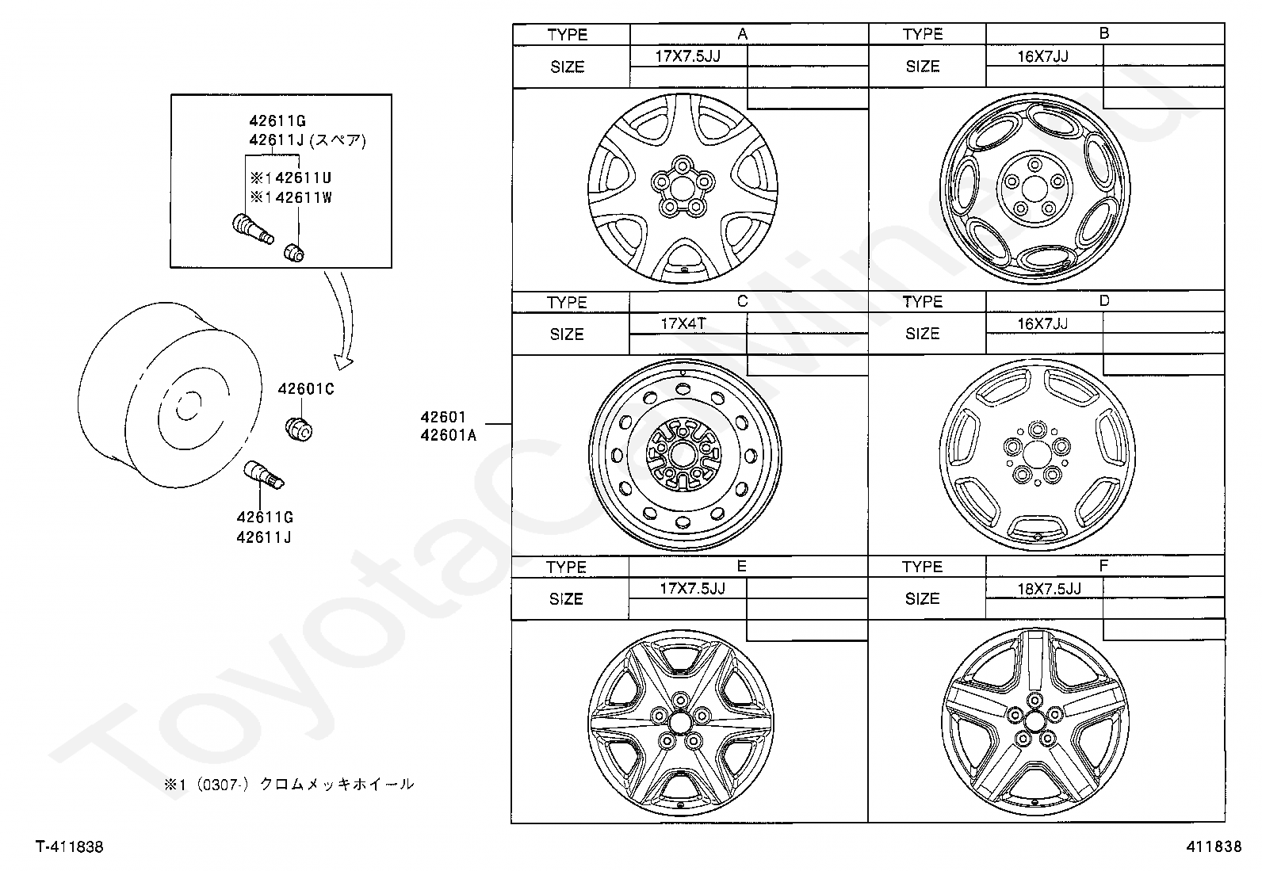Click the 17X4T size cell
[x=683, y=323]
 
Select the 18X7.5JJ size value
[x=1049, y=589]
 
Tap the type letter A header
[x=743, y=34]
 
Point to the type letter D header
[x=1103, y=301]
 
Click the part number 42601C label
[x=306, y=388]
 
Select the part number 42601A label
[x=449, y=436]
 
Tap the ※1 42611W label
[x=291, y=198]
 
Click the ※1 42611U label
[x=291, y=178]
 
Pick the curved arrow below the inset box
[x=345, y=315]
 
